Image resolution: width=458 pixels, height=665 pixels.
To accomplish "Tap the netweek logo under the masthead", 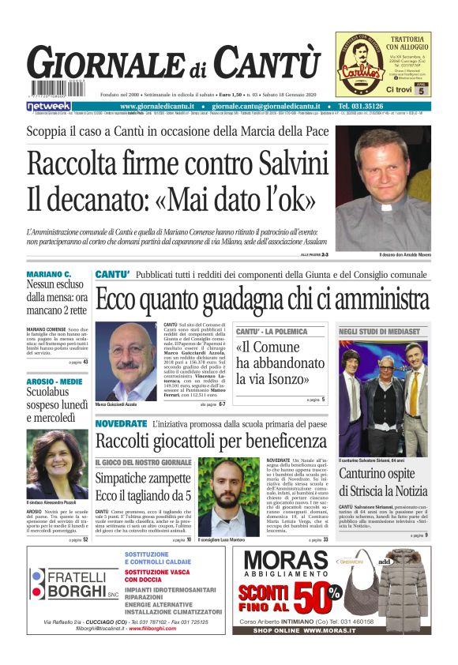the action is click(48, 105).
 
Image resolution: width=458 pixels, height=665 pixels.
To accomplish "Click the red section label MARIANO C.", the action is click(49, 274).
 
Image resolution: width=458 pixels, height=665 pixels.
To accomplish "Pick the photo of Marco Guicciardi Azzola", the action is click(126, 360).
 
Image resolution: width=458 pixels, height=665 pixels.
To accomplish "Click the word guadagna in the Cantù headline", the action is click(240, 300).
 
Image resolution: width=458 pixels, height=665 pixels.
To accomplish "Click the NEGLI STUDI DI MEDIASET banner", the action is click(378, 332).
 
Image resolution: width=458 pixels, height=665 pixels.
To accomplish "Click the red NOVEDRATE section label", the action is click(121, 424).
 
